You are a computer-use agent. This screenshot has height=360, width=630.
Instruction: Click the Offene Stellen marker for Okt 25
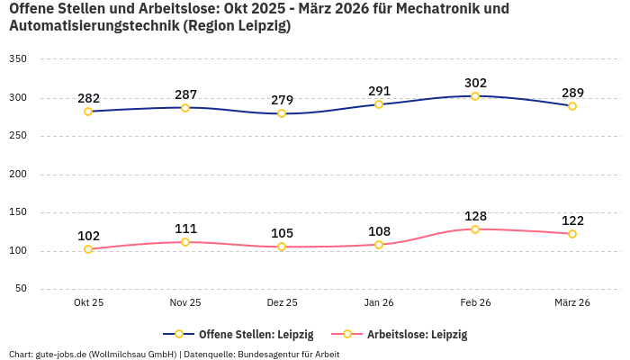pyautogui.click(x=88, y=112)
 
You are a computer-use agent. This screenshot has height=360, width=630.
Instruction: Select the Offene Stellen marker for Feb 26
pyautogui.click(x=475, y=96)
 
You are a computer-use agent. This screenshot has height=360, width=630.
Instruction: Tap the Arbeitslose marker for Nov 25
pyautogui.click(x=185, y=242)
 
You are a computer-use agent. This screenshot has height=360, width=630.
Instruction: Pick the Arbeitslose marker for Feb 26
pyautogui.click(x=475, y=229)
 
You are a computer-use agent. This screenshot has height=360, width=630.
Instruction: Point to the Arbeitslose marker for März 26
pyautogui.click(x=572, y=234)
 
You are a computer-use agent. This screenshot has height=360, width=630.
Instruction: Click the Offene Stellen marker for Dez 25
pyautogui.click(x=282, y=113)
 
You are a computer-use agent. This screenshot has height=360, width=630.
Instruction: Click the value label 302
pyautogui.click(x=475, y=83)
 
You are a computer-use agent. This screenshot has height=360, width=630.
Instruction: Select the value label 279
pyautogui.click(x=282, y=100)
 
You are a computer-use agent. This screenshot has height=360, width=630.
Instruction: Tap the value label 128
pyautogui.click(x=475, y=216)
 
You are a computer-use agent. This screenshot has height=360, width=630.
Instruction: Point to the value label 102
pyautogui.click(x=88, y=236)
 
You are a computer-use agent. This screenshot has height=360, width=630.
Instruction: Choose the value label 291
pyautogui.click(x=379, y=91)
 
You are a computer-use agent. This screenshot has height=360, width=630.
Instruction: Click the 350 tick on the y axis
pyautogui.click(x=18, y=59)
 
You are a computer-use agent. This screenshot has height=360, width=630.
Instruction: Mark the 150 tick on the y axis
pyautogui.click(x=18, y=212)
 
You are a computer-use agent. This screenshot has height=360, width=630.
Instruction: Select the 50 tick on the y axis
pyautogui.click(x=21, y=289)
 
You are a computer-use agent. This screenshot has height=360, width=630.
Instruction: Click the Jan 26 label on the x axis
pyautogui.click(x=379, y=303)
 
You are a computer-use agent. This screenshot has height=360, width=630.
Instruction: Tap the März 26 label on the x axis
pyautogui.click(x=572, y=303)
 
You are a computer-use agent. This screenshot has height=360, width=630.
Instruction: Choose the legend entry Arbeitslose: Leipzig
pyautogui.click(x=417, y=334)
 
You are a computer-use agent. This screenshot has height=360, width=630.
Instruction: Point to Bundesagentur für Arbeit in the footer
pyautogui.click(x=288, y=354)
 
